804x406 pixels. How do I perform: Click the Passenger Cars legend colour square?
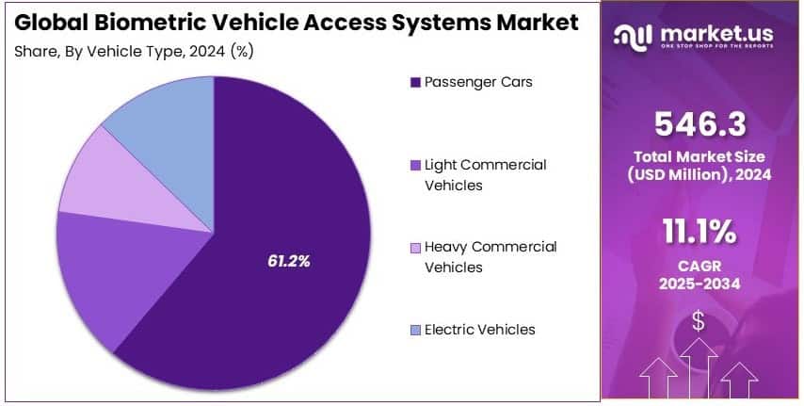[x=415, y=82]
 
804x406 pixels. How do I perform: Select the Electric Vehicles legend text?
[x=479, y=330]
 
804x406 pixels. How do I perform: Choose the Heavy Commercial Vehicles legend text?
[x=490, y=256]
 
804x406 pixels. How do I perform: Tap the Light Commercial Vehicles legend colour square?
[x=415, y=165]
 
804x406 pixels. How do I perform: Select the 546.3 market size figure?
[x=698, y=122]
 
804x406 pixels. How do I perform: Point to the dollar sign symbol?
[x=698, y=320]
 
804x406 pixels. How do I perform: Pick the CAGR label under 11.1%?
[x=698, y=266]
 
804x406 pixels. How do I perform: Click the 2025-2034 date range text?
[x=698, y=284]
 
